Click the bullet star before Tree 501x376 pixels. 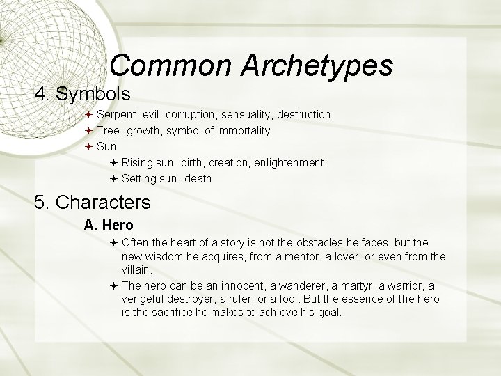[89, 130]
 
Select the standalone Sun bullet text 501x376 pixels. [106, 146]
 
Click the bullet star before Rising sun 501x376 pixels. [114, 162]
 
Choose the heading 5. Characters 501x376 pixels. [92, 203]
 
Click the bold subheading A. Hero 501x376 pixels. [109, 225]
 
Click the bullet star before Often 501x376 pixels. [114, 242]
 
